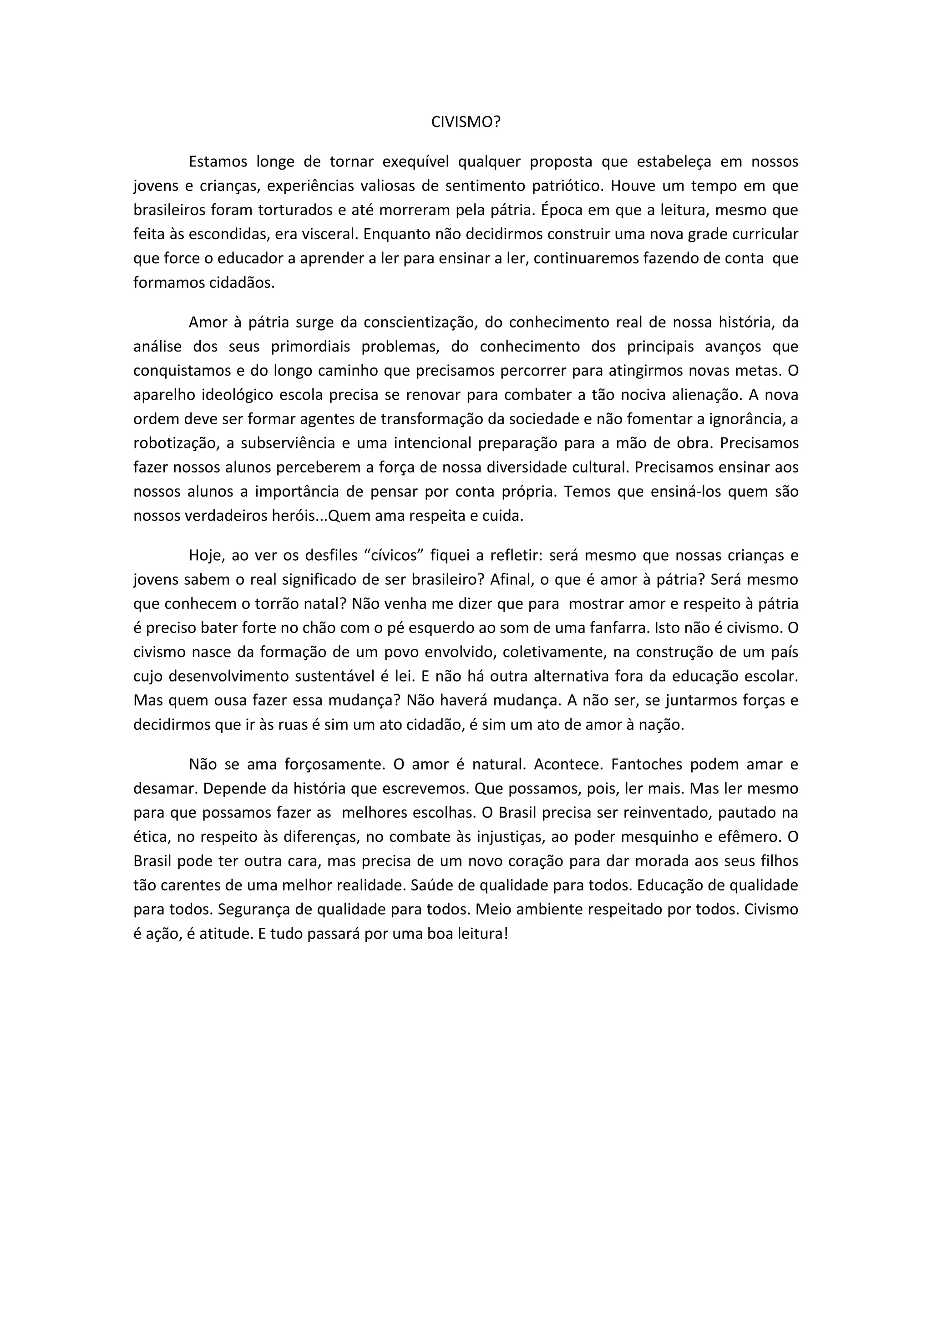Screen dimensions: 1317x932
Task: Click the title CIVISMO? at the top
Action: tap(466, 122)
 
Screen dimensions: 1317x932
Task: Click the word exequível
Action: tap(415, 162)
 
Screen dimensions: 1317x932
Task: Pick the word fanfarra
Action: tap(621, 628)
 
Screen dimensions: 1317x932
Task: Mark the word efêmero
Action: tap(750, 836)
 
